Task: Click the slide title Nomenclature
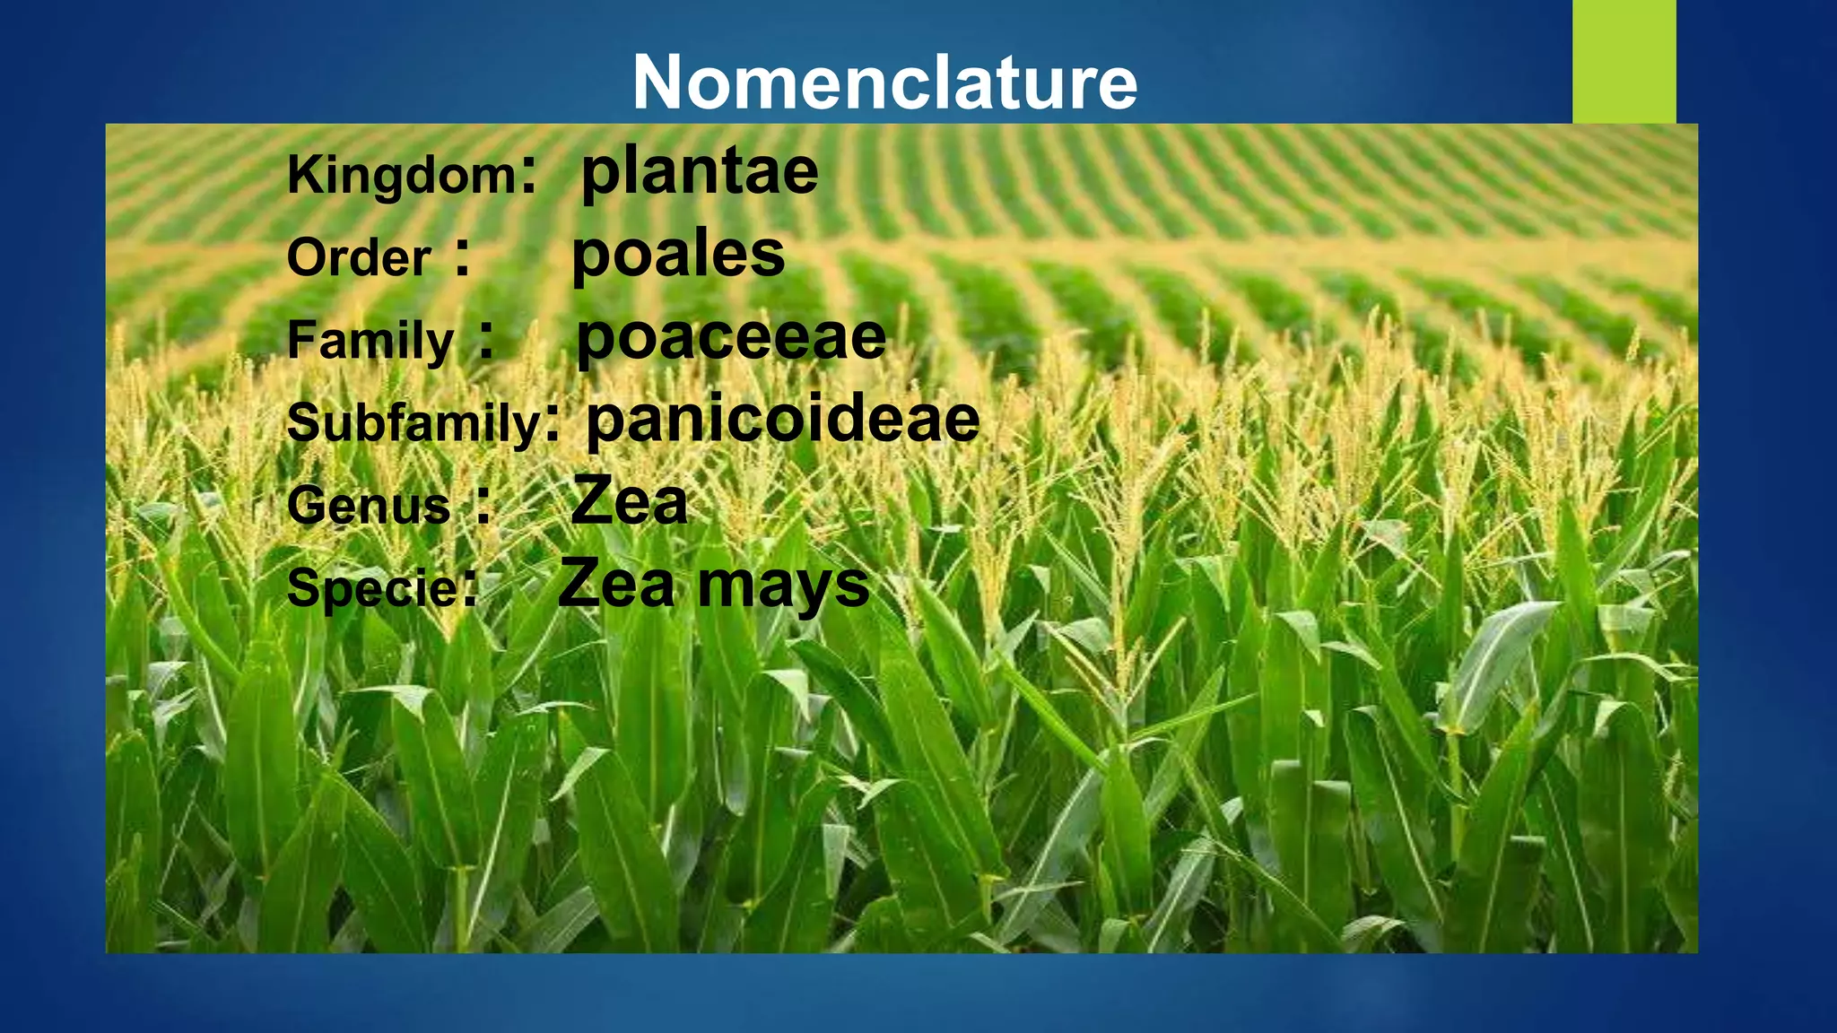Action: pyautogui.click(x=884, y=82)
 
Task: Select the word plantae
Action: pyautogui.click(x=700, y=171)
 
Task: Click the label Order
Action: pyautogui.click(x=359, y=258)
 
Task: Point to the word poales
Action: pyautogui.click(x=678, y=254)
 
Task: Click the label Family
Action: pyautogui.click(x=370, y=342)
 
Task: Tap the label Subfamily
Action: pyautogui.click(x=414, y=422)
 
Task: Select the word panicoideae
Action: pyautogui.click(x=783, y=419)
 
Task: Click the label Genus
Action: pyautogui.click(x=369, y=506)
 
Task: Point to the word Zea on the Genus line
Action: pyautogui.click(x=629, y=501)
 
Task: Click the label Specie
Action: pyautogui.click(x=372, y=589)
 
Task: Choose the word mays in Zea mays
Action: pyautogui.click(x=783, y=586)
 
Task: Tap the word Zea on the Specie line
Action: pyautogui.click(x=616, y=584)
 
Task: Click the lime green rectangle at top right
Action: pyautogui.click(x=1624, y=61)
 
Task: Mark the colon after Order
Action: pyautogui.click(x=462, y=258)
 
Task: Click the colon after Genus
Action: pyautogui.click(x=483, y=506)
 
